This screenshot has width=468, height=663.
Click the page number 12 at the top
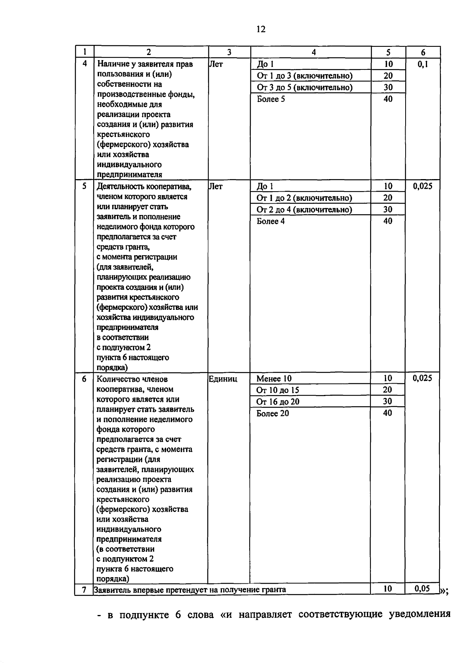(261, 29)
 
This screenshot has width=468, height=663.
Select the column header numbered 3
(229, 52)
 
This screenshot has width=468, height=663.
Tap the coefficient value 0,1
(423, 64)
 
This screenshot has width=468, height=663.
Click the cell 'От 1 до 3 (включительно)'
(305, 76)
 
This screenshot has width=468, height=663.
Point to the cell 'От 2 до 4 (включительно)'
(304, 210)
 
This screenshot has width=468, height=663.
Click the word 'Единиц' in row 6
(223, 379)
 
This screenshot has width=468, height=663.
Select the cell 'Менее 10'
(274, 379)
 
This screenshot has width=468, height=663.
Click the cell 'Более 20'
(273, 413)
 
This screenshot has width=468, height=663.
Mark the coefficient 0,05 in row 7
(422, 588)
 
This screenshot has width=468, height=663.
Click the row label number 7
(84, 589)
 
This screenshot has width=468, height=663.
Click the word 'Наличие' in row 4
(112, 64)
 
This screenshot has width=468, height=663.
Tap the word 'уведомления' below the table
(419, 615)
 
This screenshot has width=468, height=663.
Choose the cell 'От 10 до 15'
(278, 390)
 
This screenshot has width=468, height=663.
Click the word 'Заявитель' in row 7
(112, 590)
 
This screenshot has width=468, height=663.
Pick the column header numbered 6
(423, 52)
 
